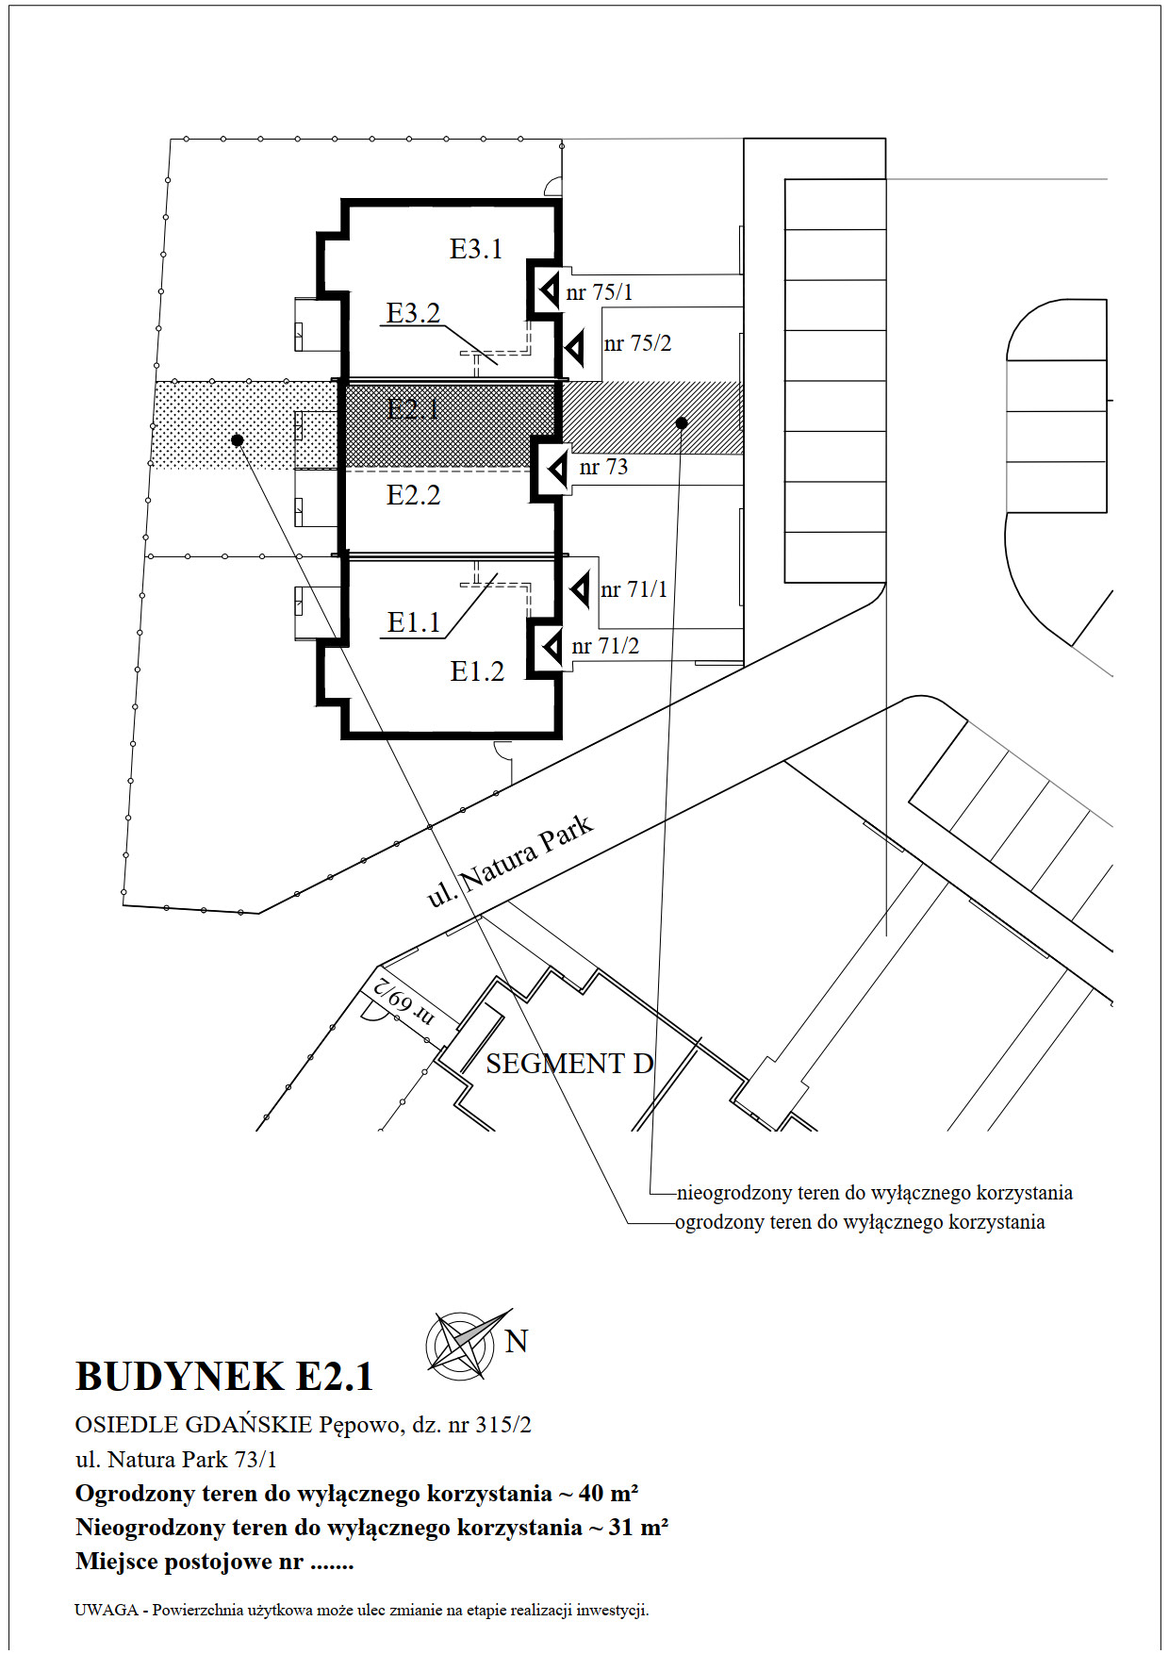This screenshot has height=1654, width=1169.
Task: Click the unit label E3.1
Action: coord(476,249)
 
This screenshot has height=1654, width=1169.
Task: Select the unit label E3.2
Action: coord(414,313)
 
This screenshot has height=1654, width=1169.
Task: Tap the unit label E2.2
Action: coord(414,495)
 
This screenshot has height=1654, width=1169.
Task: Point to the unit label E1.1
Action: coord(414,622)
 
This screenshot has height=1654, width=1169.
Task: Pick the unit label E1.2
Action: coord(477,671)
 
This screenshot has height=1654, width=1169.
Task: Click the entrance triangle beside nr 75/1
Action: coord(549,290)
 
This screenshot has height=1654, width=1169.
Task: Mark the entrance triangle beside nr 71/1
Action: coord(581,590)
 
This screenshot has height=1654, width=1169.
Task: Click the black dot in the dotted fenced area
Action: coord(238,439)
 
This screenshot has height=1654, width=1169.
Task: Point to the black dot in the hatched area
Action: coord(682,422)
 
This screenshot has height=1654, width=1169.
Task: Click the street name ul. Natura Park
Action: coord(510,861)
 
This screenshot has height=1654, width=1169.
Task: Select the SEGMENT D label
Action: coord(569,1064)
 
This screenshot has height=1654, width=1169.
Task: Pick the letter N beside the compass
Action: coord(517,1341)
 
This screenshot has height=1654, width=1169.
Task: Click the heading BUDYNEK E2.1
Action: coord(224,1377)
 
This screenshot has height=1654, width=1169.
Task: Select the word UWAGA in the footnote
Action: coord(107,1610)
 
